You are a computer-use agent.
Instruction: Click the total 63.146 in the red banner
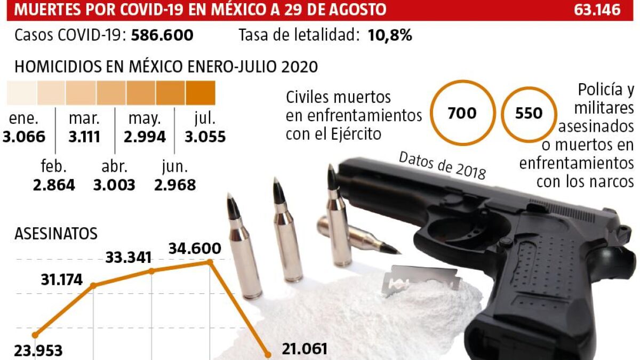[x=598, y=10]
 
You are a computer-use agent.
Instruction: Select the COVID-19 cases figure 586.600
[x=162, y=36]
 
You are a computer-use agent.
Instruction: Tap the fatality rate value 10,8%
[x=389, y=36]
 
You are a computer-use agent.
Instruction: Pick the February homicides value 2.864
[x=53, y=185]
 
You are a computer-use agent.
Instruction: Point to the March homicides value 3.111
[x=84, y=137]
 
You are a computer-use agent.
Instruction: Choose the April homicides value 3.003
[x=114, y=185]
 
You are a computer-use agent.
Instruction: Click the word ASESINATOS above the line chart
[x=56, y=234]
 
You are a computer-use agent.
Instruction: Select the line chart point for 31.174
[x=94, y=285]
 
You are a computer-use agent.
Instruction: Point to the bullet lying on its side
[x=357, y=235]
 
